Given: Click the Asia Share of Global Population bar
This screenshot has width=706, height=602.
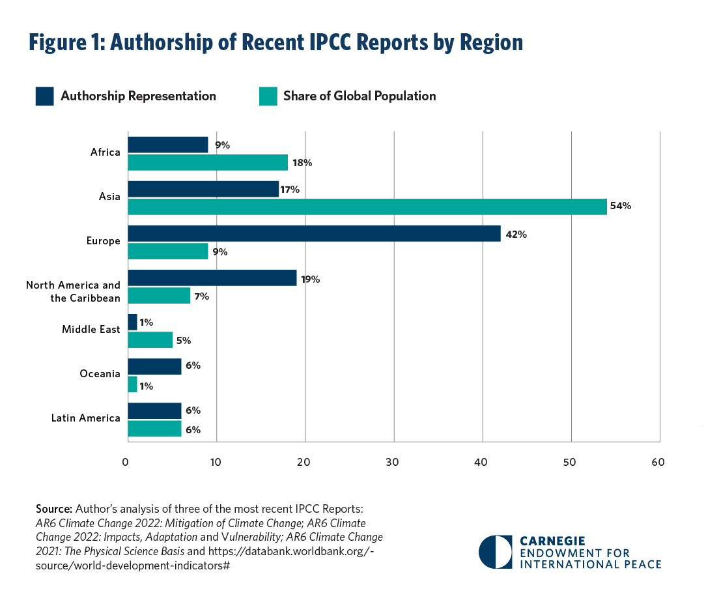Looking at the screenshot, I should click(367, 207).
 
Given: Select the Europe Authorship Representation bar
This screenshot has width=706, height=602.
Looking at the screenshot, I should click(314, 233).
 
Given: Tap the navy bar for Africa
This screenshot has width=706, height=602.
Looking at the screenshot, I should click(167, 145).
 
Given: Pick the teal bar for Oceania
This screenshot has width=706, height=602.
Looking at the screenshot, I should click(132, 384).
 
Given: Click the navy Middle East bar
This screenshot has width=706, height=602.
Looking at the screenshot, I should click(132, 322).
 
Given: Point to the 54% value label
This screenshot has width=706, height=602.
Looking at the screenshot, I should click(621, 207).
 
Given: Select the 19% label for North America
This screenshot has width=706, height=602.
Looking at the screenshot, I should click(311, 279).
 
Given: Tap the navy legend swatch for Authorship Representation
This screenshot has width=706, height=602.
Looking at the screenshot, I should click(44, 96).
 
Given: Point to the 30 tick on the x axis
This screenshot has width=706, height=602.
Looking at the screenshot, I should click(393, 463).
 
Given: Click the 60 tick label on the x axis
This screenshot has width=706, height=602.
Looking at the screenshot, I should click(658, 463).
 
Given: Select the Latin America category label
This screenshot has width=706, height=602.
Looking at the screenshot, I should click(86, 418).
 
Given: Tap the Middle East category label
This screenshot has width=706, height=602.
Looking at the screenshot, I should click(91, 330).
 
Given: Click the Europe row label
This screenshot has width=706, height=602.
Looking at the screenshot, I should click(104, 241).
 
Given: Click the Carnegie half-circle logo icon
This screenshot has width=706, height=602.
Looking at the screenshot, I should click(495, 552).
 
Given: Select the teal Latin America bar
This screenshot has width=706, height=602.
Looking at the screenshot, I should click(154, 429).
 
